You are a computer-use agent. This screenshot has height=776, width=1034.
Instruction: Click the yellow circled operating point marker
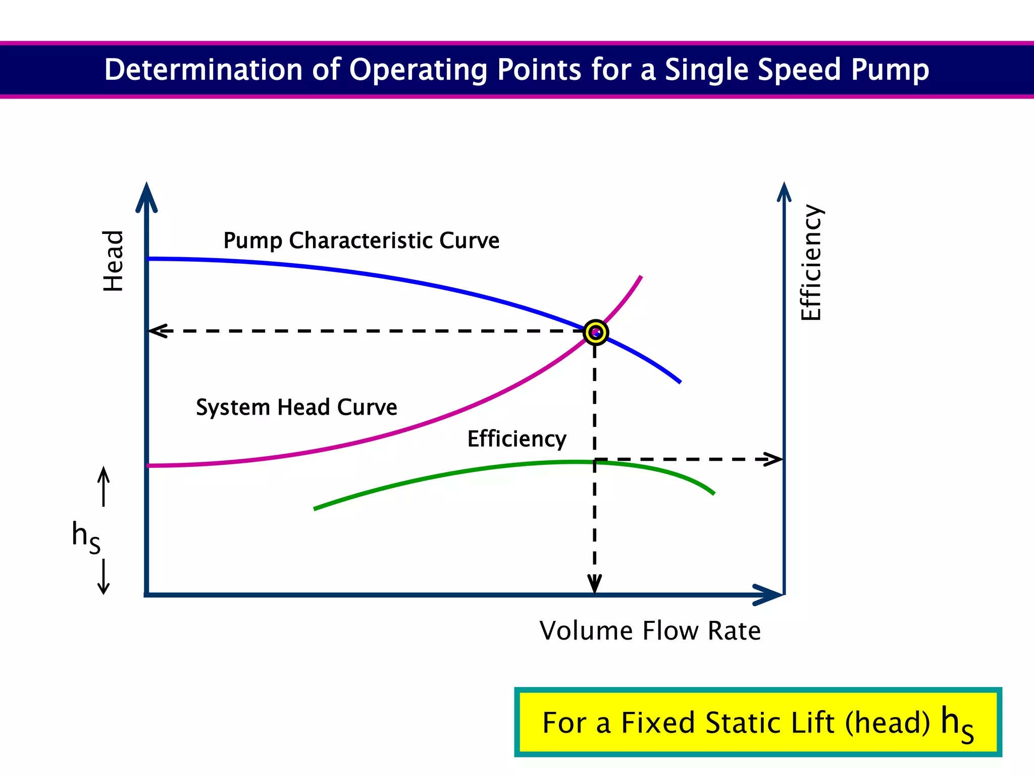(x=596, y=332)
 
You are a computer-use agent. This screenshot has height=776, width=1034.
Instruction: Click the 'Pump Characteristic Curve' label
(x=361, y=240)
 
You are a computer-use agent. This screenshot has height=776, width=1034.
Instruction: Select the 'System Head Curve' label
(x=296, y=407)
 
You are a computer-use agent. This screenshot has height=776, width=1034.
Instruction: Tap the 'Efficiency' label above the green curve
(x=516, y=439)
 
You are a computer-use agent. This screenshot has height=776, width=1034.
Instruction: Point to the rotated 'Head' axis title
(x=113, y=261)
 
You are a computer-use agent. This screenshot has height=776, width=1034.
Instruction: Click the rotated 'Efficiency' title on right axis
(x=811, y=262)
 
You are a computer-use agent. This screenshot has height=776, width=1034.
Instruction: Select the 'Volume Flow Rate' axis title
(x=650, y=630)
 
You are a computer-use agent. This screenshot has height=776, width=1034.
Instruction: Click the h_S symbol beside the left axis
(x=86, y=537)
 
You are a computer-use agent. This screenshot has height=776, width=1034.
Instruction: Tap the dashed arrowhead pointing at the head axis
(x=158, y=331)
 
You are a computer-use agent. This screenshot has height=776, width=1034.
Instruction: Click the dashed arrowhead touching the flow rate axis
(x=595, y=585)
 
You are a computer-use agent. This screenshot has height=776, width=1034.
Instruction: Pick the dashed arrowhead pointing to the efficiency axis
(x=774, y=459)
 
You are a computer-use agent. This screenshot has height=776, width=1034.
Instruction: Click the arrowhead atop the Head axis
(x=146, y=197)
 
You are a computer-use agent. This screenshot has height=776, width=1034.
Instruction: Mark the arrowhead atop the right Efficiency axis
(x=784, y=192)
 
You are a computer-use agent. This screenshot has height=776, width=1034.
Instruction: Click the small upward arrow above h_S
(x=104, y=485)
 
